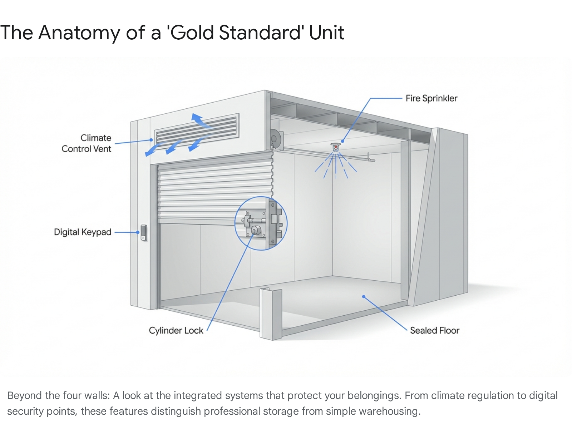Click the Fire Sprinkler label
[431, 98]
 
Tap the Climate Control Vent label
[87, 143]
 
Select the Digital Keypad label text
[83, 232]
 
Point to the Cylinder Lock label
[176, 330]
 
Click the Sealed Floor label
[434, 330]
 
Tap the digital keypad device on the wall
[144, 232]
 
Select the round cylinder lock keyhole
[256, 230]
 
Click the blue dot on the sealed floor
[364, 296]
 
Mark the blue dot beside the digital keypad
[138, 232]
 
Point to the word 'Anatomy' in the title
[79, 33]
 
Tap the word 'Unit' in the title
[326, 33]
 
